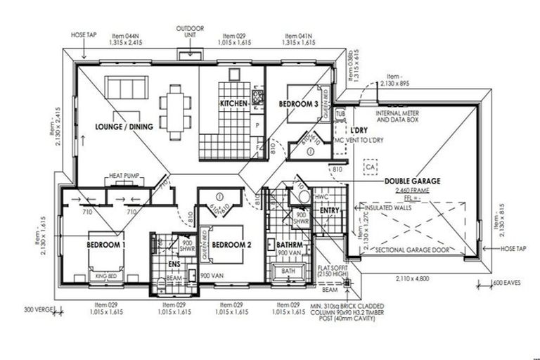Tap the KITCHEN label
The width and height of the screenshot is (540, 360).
point(233,104)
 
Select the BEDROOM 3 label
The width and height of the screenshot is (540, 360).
point(299,104)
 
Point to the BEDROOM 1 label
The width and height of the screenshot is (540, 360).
point(105,244)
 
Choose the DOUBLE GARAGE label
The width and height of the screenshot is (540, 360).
point(412,181)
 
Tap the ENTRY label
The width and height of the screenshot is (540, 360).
point(330,210)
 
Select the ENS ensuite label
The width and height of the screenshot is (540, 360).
point(174,264)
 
